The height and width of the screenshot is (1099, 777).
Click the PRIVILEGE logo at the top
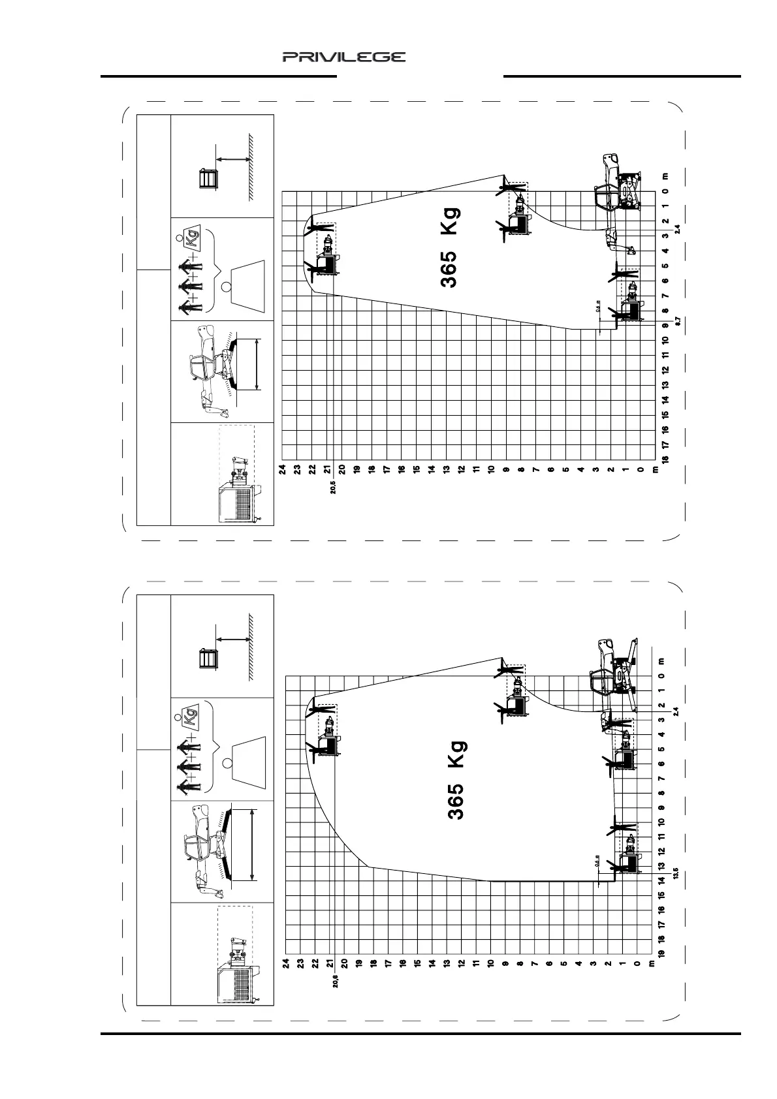coord(343,57)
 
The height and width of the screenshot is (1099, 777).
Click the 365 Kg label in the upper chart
coord(450,247)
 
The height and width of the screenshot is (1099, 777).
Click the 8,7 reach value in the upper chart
coord(678,320)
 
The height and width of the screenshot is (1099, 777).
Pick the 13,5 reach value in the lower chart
coord(676,873)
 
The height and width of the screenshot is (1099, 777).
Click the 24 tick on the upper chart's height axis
coord(283,469)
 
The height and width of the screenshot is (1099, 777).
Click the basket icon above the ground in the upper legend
coord(207,178)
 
